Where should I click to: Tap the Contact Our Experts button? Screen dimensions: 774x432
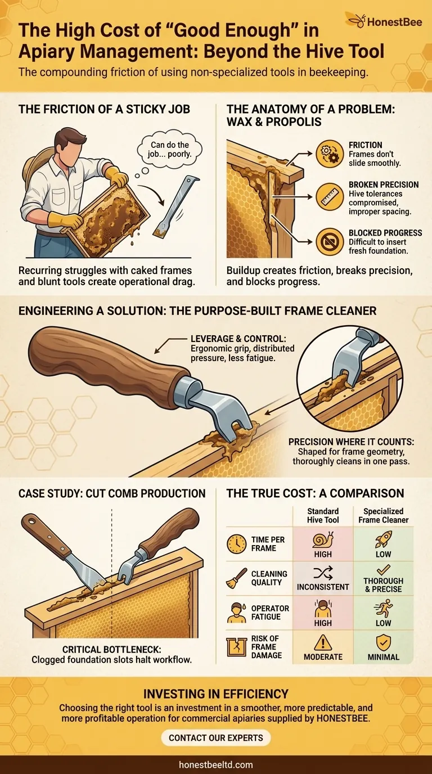216,737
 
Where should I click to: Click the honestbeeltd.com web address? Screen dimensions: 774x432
216,764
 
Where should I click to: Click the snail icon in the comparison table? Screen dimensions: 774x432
323,540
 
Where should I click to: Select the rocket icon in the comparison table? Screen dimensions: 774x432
383,539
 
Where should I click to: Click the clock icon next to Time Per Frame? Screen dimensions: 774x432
236,544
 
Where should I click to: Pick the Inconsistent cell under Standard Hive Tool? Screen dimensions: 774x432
323,579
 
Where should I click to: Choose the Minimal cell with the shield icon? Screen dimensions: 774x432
383,647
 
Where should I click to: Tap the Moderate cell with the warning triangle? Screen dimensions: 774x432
323,647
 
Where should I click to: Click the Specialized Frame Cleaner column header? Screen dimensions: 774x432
383,515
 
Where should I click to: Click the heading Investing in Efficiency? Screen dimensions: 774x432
216,694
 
